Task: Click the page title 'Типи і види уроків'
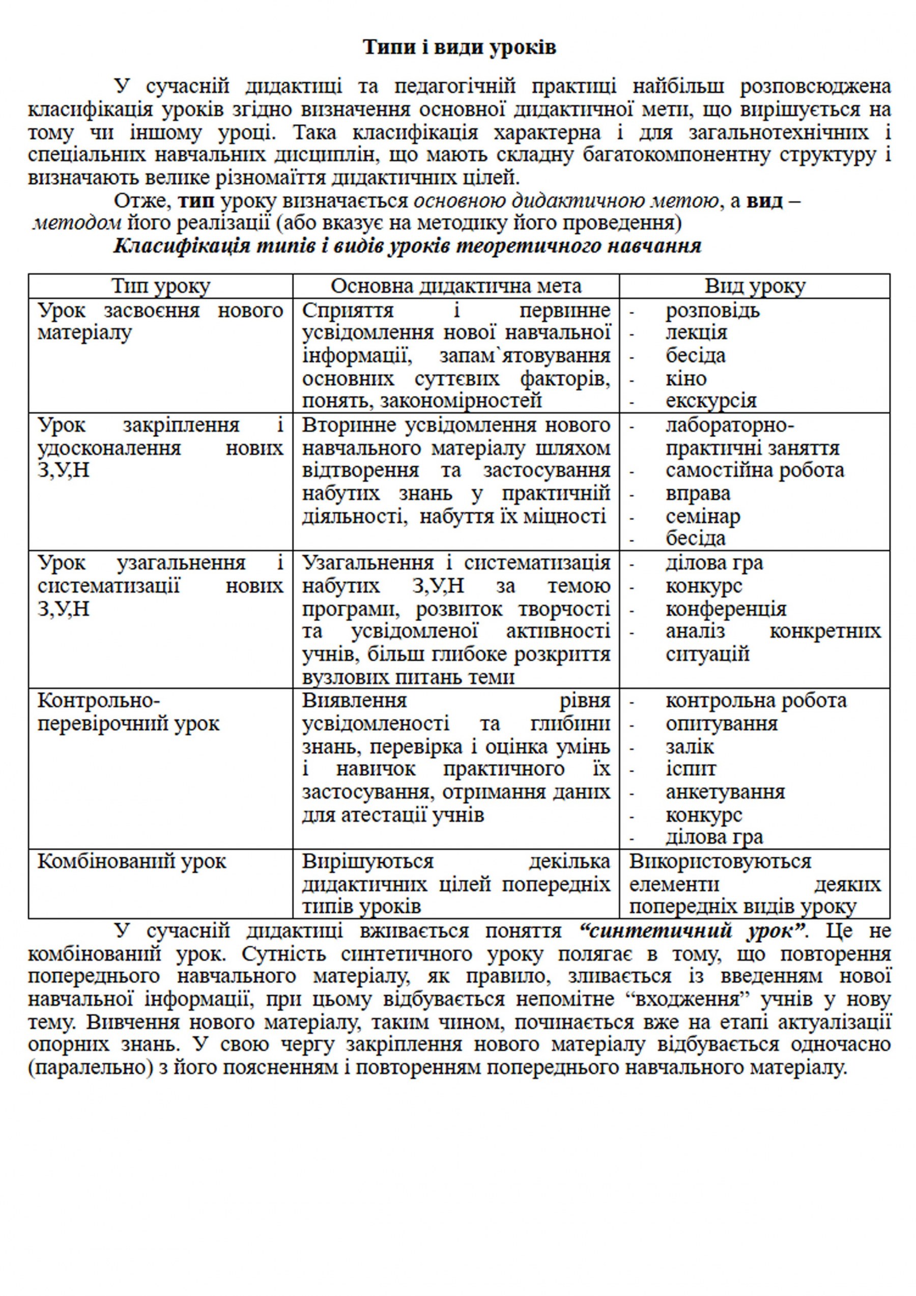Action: point(459,47)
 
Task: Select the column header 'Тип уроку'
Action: point(160,286)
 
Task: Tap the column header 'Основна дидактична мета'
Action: point(455,286)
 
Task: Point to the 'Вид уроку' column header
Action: point(755,286)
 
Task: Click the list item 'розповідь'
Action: point(712,311)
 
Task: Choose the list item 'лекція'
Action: point(696,332)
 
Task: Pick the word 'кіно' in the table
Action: point(686,378)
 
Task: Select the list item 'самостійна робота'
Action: point(755,470)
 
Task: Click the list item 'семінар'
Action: point(703,516)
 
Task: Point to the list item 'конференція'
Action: point(726,608)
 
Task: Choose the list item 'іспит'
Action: point(690,769)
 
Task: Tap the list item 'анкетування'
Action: point(725,792)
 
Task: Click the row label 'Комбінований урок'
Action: point(131,861)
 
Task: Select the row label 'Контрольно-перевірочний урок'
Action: point(128,712)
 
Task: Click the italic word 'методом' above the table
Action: point(77,223)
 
